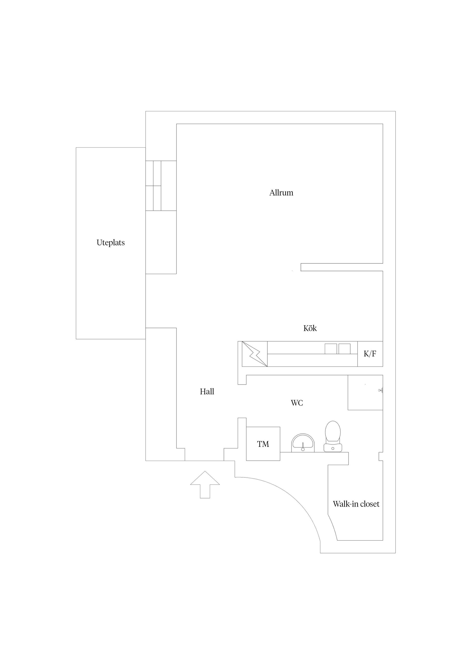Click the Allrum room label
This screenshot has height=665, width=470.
pyautogui.click(x=281, y=193)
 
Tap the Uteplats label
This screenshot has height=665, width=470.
pyautogui.click(x=111, y=243)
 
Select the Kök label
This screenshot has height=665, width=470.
pyautogui.click(x=310, y=328)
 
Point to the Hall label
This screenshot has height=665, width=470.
pyautogui.click(x=207, y=392)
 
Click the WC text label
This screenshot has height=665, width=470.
pyautogui.click(x=297, y=403)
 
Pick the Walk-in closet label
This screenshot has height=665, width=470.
pyautogui.click(x=356, y=504)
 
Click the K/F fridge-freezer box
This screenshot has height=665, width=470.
pyautogui.click(x=370, y=354)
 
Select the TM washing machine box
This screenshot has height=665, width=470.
pyautogui.click(x=263, y=444)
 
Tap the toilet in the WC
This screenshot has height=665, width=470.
pyautogui.click(x=333, y=437)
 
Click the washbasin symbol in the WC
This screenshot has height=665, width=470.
pyautogui.click(x=303, y=443)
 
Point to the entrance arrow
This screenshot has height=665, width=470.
pyautogui.click(x=205, y=485)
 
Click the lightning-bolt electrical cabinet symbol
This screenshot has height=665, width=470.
pyautogui.click(x=255, y=354)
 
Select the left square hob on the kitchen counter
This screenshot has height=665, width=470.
pyautogui.click(x=331, y=349)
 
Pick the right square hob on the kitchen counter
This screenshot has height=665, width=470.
pyautogui.click(x=345, y=349)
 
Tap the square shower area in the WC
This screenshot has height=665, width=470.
pyautogui.click(x=365, y=392)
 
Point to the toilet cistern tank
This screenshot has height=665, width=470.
pyautogui.click(x=333, y=448)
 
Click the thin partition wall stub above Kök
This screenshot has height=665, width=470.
pyautogui.click(x=342, y=267)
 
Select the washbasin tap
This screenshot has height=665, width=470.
pyautogui.click(x=303, y=447)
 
